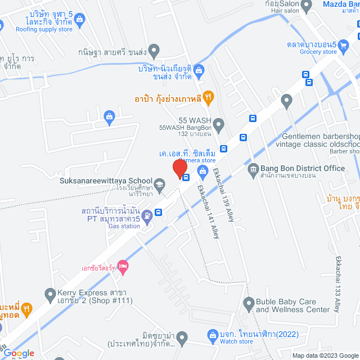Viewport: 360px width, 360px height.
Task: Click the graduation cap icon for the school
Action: pyautogui.click(x=160, y=184)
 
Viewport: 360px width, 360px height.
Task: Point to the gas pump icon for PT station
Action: pyautogui.click(x=147, y=214)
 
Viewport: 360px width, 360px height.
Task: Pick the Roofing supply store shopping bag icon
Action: pyautogui.click(x=79, y=21)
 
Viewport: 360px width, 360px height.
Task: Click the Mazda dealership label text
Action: pyautogui.click(x=341, y=5)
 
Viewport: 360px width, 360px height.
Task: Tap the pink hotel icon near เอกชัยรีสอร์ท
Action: pyautogui.click(x=123, y=265)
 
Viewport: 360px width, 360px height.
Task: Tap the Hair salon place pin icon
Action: pyautogui.click(x=307, y=6)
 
